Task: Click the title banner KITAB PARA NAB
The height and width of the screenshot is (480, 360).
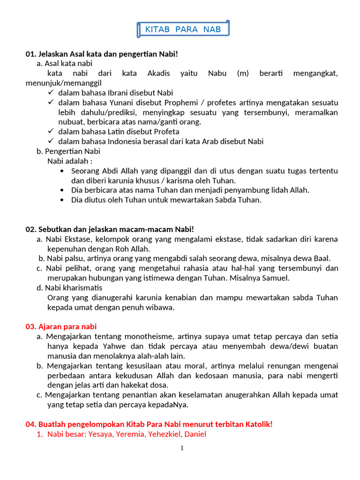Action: (183, 30)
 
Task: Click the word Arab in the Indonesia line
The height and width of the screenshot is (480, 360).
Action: (211, 142)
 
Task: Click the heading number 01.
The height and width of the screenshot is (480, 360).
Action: (30, 54)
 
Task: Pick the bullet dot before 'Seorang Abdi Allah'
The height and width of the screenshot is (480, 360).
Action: (63, 171)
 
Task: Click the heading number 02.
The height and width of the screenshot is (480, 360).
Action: (30, 229)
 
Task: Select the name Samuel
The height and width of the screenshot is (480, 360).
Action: (276, 277)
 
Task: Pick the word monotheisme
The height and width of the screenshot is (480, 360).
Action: (154, 337)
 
